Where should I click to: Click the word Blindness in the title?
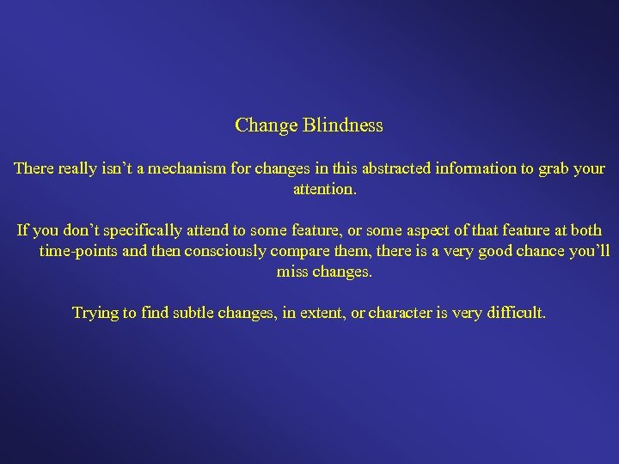pyautogui.click(x=343, y=125)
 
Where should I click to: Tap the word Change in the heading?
pyautogui.click(x=266, y=125)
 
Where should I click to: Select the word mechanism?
pyautogui.click(x=187, y=168)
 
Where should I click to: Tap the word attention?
pyautogui.click(x=324, y=189)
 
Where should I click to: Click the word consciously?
pyautogui.click(x=199, y=251)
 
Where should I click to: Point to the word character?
pyautogui.click(x=400, y=313)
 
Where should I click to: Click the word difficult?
pyautogui.click(x=515, y=313)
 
